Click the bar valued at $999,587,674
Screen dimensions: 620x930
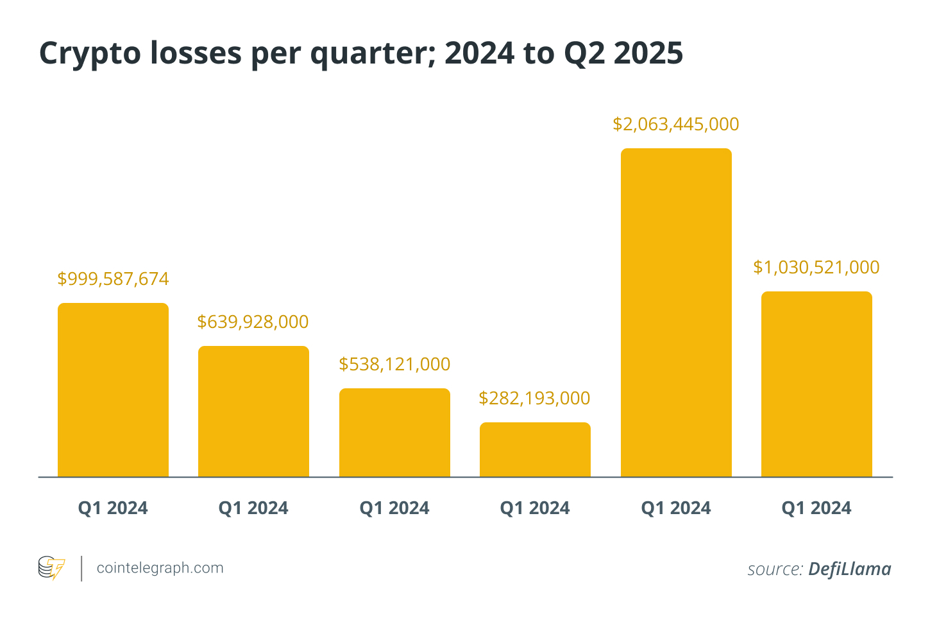113,390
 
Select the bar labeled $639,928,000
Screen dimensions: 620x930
253,411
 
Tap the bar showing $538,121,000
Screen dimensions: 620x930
394,433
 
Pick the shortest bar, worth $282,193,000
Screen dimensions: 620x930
535,449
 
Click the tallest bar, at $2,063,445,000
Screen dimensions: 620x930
676,313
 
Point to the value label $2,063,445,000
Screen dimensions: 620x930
676,124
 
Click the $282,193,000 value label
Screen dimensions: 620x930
534,398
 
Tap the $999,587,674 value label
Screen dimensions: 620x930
113,279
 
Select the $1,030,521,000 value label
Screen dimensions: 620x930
816,267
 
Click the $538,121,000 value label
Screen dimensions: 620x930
394,364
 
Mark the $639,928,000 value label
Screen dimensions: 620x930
253,322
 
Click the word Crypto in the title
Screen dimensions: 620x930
90,54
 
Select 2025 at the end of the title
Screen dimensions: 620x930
648,53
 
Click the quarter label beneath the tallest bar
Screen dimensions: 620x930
676,508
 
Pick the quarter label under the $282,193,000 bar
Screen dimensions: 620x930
535,508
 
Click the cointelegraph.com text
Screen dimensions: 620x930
160,568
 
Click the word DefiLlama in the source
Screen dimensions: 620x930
849,569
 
